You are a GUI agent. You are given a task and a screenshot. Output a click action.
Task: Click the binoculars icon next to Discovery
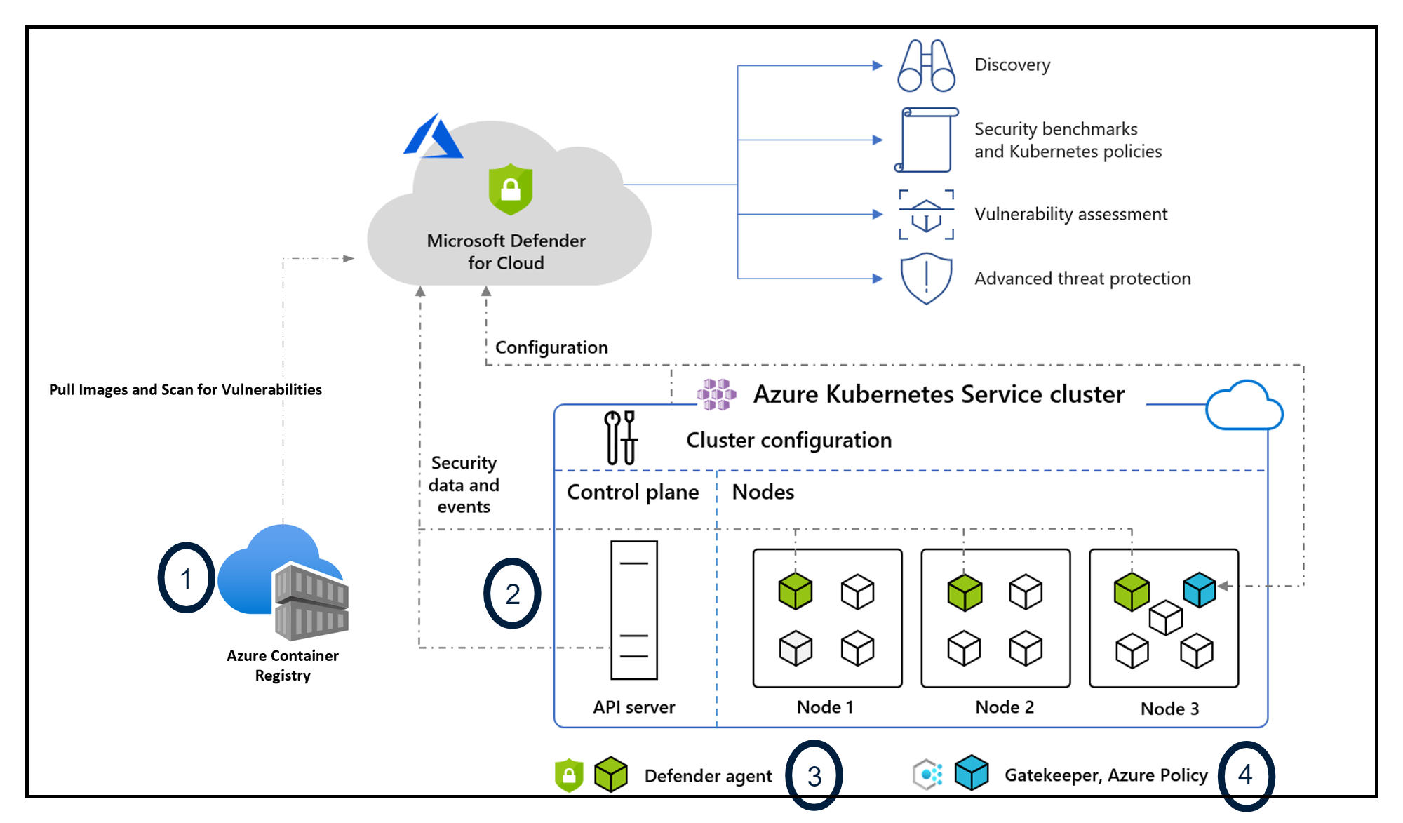point(926,66)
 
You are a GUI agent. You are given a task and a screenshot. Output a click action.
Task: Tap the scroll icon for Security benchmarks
point(926,140)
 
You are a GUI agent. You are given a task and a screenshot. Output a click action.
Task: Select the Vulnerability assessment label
point(1070,214)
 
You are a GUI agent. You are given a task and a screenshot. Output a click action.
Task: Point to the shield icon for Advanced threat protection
point(926,279)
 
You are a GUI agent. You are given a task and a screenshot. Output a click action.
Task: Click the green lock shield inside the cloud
point(510,189)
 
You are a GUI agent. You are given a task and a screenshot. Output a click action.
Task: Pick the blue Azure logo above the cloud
point(432,138)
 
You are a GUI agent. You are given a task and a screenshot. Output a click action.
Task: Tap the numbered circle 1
point(186,578)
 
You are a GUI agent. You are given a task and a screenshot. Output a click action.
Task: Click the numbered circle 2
point(512,594)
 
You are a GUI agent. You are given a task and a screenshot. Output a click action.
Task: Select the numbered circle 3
point(814,775)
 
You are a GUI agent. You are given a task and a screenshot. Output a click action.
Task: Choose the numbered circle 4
point(1245,775)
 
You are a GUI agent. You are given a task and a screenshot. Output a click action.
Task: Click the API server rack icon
point(633,610)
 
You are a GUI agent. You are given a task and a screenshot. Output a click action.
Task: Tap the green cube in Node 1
point(795,591)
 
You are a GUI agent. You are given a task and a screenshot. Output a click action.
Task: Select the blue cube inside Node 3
point(1199,589)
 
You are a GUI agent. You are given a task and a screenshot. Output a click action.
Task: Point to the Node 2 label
point(1004,707)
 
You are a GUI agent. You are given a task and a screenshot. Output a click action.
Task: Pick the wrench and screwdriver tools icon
point(621,439)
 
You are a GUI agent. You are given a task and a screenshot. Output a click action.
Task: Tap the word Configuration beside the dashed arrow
point(551,347)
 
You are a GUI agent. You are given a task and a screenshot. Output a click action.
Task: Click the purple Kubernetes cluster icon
point(716,394)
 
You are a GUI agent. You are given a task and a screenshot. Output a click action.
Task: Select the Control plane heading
point(633,493)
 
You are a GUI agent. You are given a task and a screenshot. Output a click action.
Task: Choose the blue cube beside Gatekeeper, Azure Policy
point(971,773)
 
